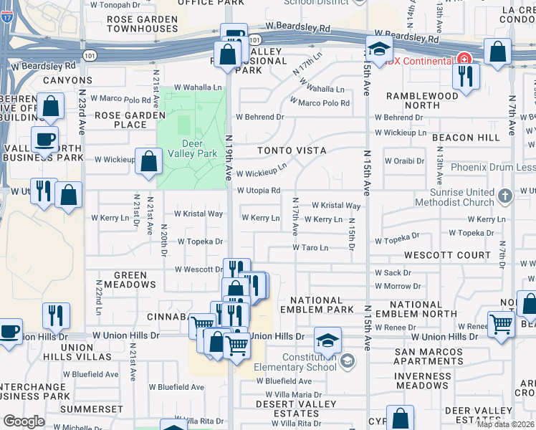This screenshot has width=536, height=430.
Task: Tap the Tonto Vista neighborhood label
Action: (292, 150)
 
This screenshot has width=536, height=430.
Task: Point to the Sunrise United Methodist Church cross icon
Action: (504, 196)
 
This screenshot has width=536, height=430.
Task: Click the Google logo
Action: (24, 421)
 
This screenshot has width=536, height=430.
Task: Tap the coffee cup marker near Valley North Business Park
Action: (44, 139)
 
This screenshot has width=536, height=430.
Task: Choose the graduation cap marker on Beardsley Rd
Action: (379, 49)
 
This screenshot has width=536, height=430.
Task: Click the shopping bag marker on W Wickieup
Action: (148, 161)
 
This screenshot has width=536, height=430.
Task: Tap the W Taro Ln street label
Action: (310, 248)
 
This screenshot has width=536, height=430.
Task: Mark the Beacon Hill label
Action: (455, 137)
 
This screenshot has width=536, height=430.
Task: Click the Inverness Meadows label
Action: (422, 381)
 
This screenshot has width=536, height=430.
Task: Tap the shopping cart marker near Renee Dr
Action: (501, 323)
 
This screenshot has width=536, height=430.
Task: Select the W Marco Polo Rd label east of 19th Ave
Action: (320, 102)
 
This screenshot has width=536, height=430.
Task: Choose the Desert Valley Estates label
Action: (297, 408)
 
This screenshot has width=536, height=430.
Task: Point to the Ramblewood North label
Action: (422, 100)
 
